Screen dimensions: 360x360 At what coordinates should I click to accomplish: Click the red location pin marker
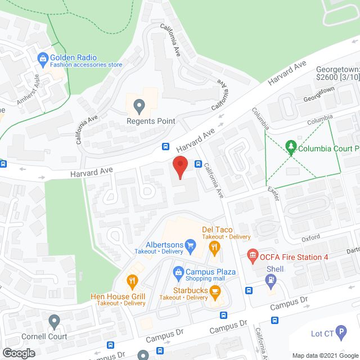tap(179, 168)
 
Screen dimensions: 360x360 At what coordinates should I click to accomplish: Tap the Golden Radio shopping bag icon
tap(42, 57)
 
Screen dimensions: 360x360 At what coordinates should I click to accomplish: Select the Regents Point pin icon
tap(138, 105)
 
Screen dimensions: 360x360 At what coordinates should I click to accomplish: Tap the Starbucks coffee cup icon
tap(215, 290)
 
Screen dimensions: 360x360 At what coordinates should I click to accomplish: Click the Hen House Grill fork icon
tap(132, 280)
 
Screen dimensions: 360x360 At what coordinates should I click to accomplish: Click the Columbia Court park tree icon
tap(291, 148)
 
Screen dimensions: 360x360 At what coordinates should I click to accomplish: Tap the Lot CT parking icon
tap(340, 334)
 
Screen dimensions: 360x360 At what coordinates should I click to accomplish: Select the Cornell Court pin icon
tap(54, 322)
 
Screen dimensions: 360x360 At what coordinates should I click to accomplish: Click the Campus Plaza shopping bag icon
tap(178, 272)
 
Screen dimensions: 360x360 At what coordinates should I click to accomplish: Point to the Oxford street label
tap(310, 238)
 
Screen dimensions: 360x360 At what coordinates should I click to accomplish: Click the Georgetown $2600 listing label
tap(337, 73)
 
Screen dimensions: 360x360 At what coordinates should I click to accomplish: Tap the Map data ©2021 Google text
tap(325, 355)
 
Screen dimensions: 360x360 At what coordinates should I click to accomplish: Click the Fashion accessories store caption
tap(86, 65)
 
